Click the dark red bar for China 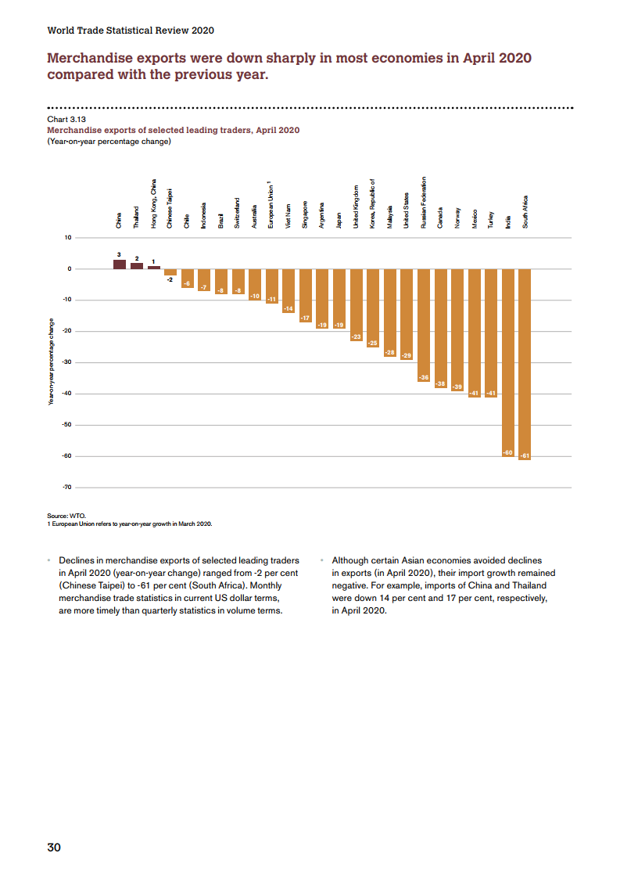pyautogui.click(x=120, y=264)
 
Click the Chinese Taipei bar pyautogui.click(x=170, y=272)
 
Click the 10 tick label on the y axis pyautogui.click(x=68, y=237)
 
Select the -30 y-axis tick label pyautogui.click(x=66, y=362)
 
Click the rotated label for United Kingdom pyautogui.click(x=357, y=207)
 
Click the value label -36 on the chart pyautogui.click(x=424, y=378)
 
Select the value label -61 pyautogui.click(x=525, y=455)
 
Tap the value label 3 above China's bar pyautogui.click(x=120, y=254)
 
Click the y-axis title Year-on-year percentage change pyautogui.click(x=52, y=362)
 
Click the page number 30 pyautogui.click(x=54, y=847)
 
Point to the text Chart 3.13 pyautogui.click(x=66, y=119)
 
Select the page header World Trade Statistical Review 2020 pyautogui.click(x=131, y=31)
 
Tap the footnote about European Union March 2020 pyautogui.click(x=130, y=524)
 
